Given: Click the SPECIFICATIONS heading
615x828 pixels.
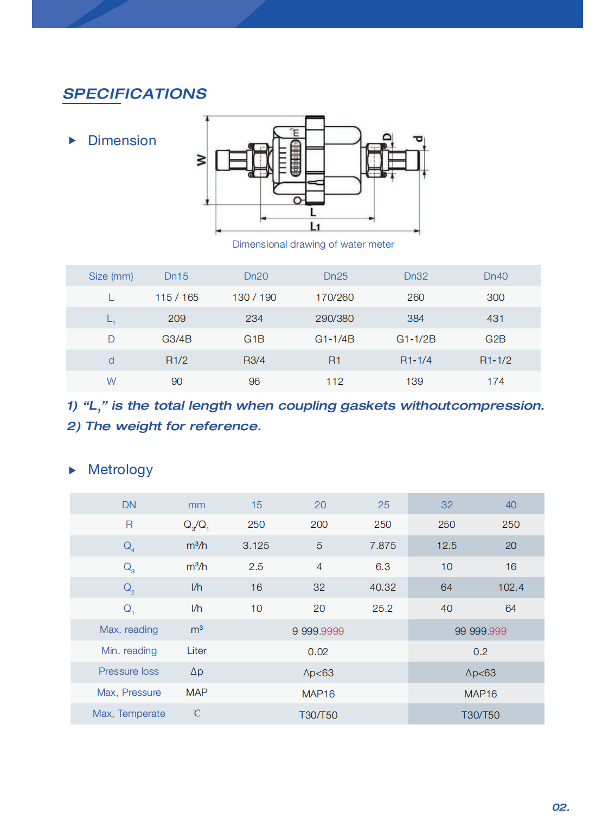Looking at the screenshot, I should [x=134, y=94].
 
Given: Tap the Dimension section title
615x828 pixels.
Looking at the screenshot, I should [x=122, y=141].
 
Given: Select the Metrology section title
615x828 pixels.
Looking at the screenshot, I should [x=120, y=470].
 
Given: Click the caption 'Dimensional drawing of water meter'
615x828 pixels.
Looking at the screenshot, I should [x=313, y=244].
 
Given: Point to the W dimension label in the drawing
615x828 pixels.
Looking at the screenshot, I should [x=202, y=160].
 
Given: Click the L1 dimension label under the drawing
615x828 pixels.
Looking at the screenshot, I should [x=315, y=227].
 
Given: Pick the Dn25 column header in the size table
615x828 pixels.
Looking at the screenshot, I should [x=335, y=276].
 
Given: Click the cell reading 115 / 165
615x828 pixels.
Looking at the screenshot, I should [x=177, y=297].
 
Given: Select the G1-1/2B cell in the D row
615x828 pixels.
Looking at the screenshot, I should [x=415, y=339].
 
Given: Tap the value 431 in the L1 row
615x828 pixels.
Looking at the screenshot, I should [x=495, y=319].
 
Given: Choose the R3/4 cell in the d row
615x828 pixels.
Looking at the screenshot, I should [x=254, y=360].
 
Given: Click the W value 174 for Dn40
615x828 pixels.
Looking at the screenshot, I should [x=495, y=381].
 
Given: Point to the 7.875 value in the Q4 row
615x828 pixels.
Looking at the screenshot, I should [x=382, y=546].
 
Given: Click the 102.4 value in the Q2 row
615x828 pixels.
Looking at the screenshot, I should [x=510, y=587].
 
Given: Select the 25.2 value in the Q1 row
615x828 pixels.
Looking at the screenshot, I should [x=382, y=609].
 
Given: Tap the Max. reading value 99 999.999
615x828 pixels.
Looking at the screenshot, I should [x=480, y=631].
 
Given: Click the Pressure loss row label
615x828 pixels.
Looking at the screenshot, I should [x=129, y=671].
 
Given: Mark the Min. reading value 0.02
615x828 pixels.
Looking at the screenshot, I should [x=318, y=652].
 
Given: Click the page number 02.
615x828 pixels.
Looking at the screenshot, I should [x=560, y=807].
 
